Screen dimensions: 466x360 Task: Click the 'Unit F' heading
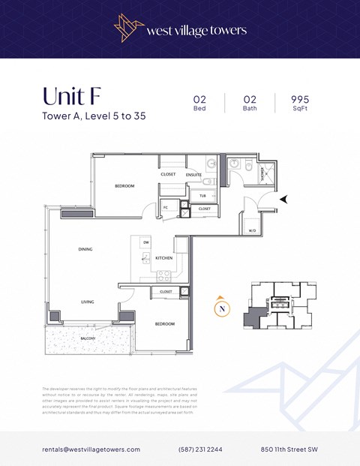click(x=72, y=97)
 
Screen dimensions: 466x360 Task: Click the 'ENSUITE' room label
click(x=194, y=174)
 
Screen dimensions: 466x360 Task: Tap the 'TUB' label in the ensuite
click(x=202, y=195)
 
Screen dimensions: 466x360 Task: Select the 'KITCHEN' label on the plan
click(x=163, y=257)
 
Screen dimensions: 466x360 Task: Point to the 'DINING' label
click(x=86, y=249)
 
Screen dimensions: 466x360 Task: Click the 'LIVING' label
click(x=88, y=302)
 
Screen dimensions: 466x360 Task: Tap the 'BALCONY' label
click(x=88, y=338)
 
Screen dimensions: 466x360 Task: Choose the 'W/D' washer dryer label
click(x=251, y=230)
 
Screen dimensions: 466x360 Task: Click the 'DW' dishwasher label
click(x=146, y=242)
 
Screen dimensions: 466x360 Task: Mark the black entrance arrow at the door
click(x=284, y=199)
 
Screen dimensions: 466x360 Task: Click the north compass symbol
click(x=221, y=308)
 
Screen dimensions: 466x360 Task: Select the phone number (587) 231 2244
click(x=199, y=449)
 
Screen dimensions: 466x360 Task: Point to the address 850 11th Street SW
click(x=289, y=449)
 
